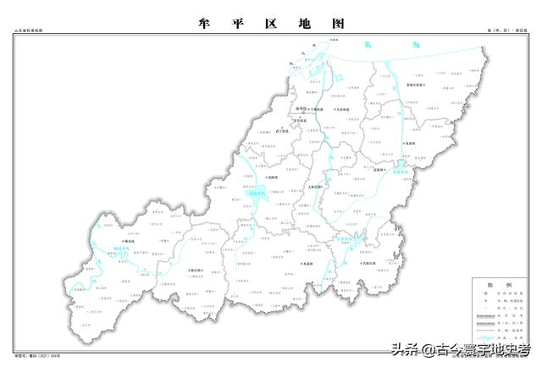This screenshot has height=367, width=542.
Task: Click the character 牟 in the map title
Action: (x=204, y=22)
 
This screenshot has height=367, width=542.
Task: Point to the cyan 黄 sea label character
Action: (x=367, y=44)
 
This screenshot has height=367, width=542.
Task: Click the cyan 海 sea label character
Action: (x=416, y=44)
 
